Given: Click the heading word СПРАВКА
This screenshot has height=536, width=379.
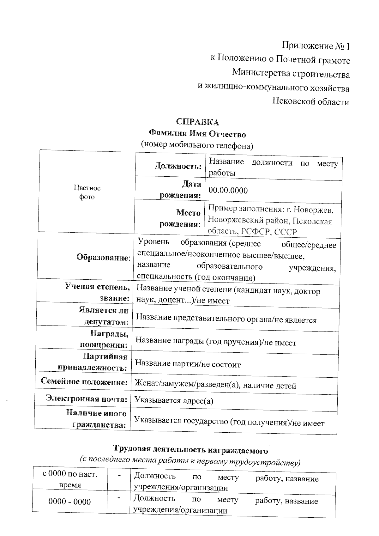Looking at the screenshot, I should click(x=197, y=122).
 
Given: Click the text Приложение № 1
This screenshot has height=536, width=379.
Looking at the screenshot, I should click(x=316, y=46).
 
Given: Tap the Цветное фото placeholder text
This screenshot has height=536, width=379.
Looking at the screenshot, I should click(x=87, y=192).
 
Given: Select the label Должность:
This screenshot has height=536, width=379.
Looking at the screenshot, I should click(x=178, y=166).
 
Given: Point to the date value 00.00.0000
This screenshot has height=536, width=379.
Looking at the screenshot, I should click(x=228, y=191).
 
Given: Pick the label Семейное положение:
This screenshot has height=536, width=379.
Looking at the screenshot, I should click(x=84, y=381).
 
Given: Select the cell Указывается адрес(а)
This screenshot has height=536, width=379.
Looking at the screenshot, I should click(x=174, y=401).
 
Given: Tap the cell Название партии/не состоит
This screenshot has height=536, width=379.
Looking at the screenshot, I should click(x=188, y=364).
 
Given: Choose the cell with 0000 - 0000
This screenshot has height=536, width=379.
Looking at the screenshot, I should click(x=69, y=502).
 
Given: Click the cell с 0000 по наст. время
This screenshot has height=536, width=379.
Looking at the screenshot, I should click(x=70, y=479).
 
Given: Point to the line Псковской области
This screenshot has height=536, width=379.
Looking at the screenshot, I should click(x=311, y=102).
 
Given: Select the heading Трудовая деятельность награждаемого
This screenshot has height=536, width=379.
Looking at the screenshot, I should click(x=190, y=449).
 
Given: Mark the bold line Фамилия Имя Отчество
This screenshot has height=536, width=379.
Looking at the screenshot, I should click(x=197, y=134).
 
